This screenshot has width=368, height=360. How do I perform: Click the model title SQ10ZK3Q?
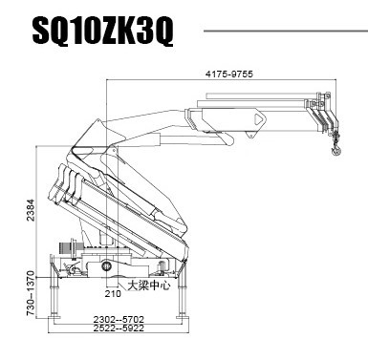click(102, 32)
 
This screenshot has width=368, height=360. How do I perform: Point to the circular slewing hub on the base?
click(107, 266)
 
